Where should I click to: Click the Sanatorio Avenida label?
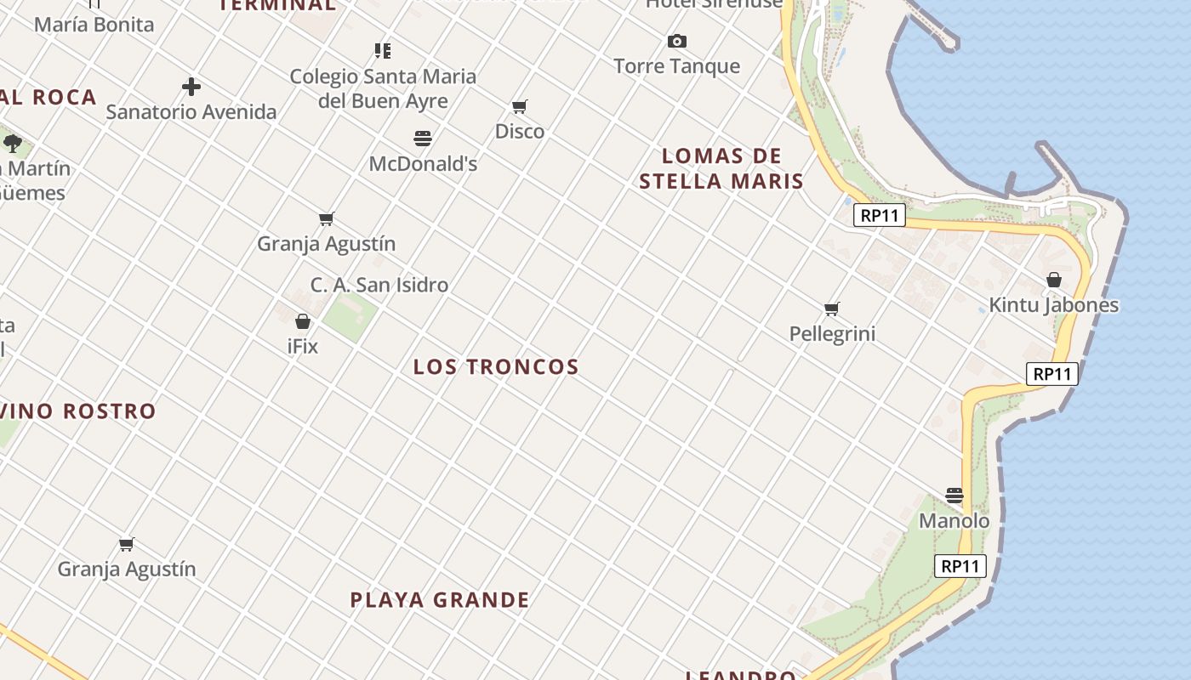pos(191,111)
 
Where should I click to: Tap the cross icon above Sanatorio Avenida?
pos(191,86)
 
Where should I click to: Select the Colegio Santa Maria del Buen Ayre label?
pos(383,88)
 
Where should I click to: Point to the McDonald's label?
pos(423,163)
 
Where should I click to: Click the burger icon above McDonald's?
pos(423,138)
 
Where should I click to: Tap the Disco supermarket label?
pos(520,132)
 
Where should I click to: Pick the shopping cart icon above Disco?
pos(520,106)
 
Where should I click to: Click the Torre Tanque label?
pos(677,66)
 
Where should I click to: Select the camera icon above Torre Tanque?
pos(677,41)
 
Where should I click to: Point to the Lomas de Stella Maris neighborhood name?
pos(721,168)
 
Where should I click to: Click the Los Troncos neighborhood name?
pos(496,367)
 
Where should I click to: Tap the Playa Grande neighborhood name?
pos(440,600)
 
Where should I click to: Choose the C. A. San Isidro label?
pos(379,285)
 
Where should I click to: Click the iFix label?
pos(303,347)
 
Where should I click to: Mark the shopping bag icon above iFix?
pos(303,321)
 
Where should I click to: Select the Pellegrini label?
pos(832,334)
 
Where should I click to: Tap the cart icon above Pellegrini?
pos(832,309)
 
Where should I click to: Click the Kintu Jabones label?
pos(1054,305)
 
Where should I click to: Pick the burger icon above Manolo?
pos(955,495)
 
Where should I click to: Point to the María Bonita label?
pos(94,25)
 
